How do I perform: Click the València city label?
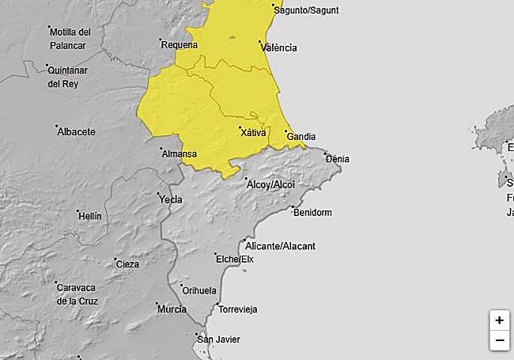point(278,47)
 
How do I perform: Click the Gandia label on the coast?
point(301,137)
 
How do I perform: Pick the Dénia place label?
point(338,159)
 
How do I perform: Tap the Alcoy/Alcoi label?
point(271,184)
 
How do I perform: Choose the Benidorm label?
point(312,213)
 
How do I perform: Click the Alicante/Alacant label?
point(282,246)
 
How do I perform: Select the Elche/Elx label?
point(236,259)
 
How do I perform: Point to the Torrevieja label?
point(238,309)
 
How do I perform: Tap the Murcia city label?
point(172,309)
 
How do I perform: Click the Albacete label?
point(77,132)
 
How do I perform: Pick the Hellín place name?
point(90,216)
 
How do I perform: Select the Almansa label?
point(179,154)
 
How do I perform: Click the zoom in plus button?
point(499,320)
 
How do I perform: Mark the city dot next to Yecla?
point(158,193)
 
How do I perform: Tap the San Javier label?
point(219,339)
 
